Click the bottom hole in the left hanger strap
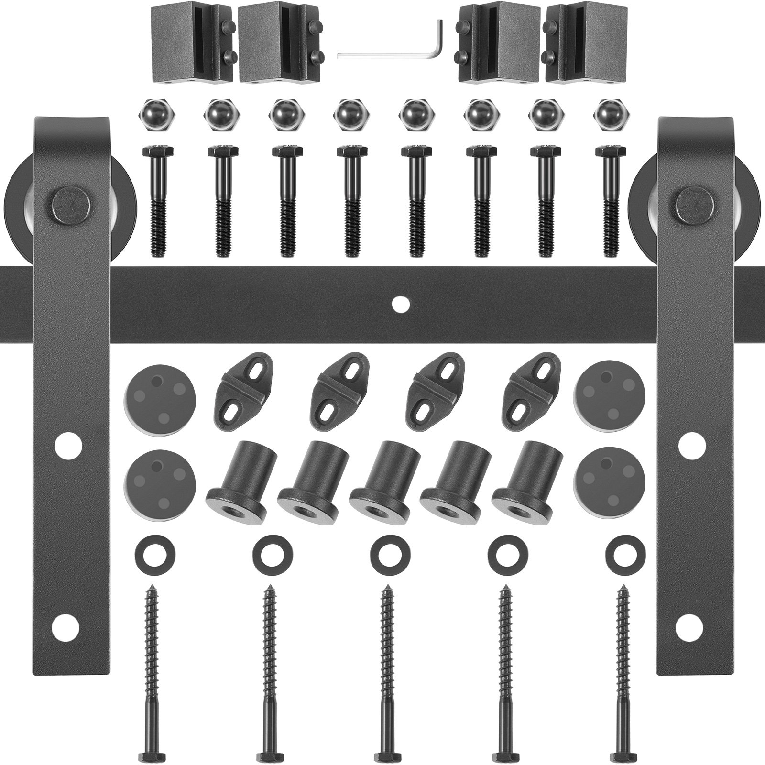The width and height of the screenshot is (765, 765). tap(66, 627)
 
